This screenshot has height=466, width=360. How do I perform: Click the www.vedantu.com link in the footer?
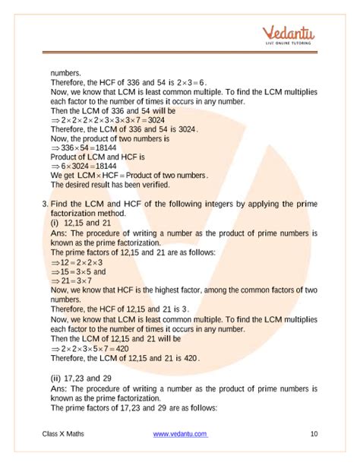[x=180, y=433]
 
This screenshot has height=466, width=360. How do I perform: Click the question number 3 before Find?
[x=45, y=204]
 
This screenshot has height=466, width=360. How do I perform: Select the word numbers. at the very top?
[x=66, y=73]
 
